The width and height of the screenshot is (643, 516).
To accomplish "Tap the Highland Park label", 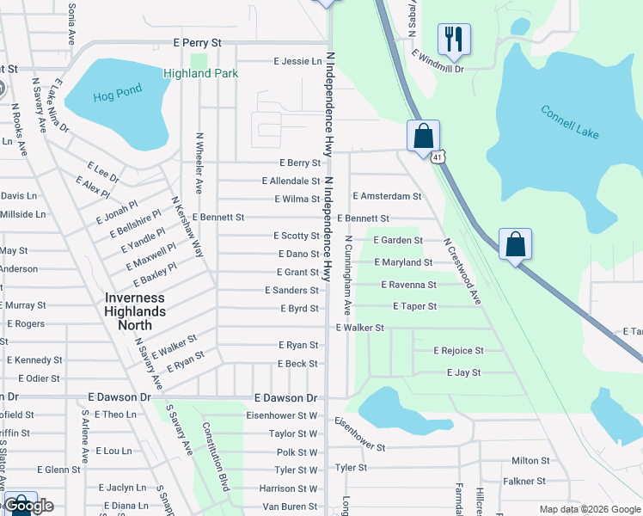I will coord(200,74).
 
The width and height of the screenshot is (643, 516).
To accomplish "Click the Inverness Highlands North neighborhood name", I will coord(135,311).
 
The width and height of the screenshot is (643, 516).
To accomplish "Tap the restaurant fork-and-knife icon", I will coord(453,38).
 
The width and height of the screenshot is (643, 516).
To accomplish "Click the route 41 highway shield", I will coord(438,157).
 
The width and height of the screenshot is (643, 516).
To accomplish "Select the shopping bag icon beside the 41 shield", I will coord(423,135).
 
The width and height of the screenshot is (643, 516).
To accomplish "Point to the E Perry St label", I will coord(197,41).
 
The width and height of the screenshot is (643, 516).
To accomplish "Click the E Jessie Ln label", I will coord(297,61).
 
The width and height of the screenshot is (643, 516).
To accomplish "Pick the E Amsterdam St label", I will coord(387,196).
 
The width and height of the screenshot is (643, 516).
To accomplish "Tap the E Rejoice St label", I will coord(458,351).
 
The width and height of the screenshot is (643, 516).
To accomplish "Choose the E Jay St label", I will coord(463,372).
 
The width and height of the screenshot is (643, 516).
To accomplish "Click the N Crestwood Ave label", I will coord(462,271).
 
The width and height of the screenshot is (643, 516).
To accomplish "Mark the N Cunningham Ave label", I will coord(348,274).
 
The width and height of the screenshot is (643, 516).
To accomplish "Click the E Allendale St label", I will coord(291,181).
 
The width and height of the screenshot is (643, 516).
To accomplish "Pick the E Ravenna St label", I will coord(408,285).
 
